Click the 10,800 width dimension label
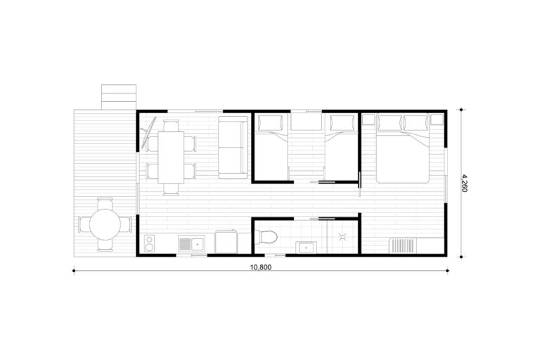pyautogui.click(x=261, y=267)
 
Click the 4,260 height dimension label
pyautogui.click(x=464, y=183)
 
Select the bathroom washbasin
pyautogui.click(x=306, y=247)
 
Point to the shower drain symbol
pyautogui.click(x=342, y=237)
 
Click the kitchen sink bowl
pyautogui.click(x=198, y=244)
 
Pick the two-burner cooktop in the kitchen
pyautogui.click(x=149, y=243)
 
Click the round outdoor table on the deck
pyautogui.click(x=105, y=224)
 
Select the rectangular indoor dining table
pyautogui.click(x=171, y=157)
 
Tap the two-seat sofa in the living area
pyautogui.click(x=233, y=148)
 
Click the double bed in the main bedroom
pyautogui.click(x=403, y=148)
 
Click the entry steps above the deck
pyautogui.click(x=119, y=97)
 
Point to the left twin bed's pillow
pyautogui.click(x=270, y=122)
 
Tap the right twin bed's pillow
pyautogui.click(x=342, y=122)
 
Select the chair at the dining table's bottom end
pyautogui.click(x=171, y=189)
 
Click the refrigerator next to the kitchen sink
pyautogui.click(x=226, y=242)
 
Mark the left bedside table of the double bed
pyautogui.click(x=368, y=120)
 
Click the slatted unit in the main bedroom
pyautogui.click(x=403, y=245)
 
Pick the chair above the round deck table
pyautogui.click(x=105, y=204)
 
